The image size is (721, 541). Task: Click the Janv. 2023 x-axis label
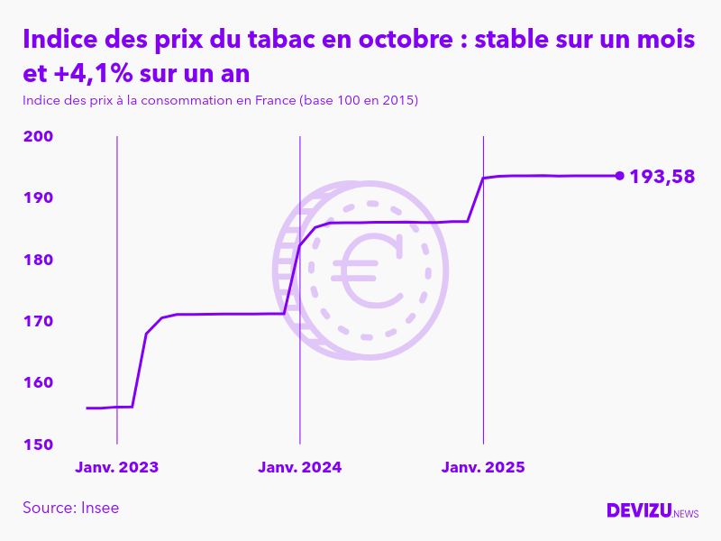click(116, 468)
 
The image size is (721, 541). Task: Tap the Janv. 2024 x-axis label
click(299, 468)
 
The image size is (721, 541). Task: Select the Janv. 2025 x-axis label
click(483, 468)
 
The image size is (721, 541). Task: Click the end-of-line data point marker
click(619, 176)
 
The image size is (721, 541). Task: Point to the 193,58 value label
click(662, 177)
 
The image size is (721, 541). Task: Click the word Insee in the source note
click(98, 508)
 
